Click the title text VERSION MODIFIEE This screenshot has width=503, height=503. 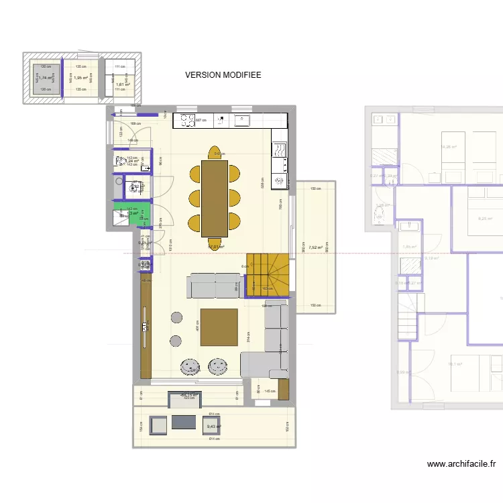223,76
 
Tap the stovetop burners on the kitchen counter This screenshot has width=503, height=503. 184,121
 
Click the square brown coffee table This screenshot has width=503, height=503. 218,327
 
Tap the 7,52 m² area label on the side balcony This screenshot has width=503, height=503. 315,247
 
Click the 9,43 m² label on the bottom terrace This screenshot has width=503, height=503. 214,427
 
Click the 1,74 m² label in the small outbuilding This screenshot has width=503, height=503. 45,78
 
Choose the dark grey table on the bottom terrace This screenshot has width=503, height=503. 184,422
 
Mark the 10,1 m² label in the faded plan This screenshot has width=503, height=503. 455,364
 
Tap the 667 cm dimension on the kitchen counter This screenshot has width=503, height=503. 218,121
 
